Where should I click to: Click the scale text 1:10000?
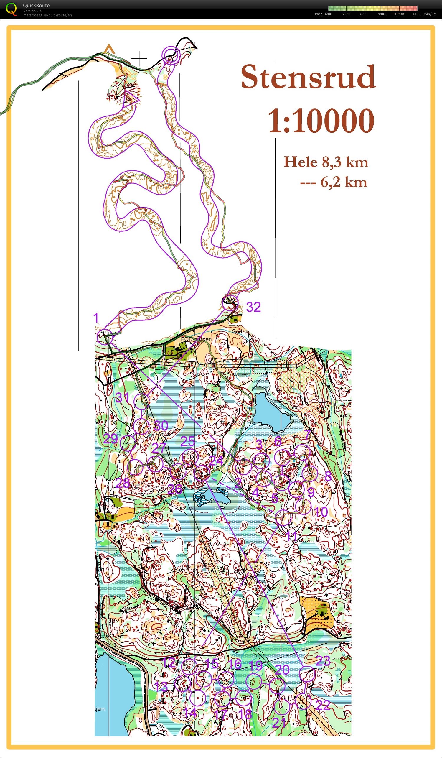pos(321,121)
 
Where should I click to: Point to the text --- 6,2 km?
pos(334,182)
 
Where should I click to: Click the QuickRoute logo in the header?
pos(11,9)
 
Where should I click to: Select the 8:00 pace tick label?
pos(364,14)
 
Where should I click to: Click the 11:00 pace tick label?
pos(417,14)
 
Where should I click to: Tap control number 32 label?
pos(253,307)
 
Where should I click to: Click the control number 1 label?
pos(96,318)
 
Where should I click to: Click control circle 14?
pos(197,698)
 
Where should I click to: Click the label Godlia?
pos(240,331)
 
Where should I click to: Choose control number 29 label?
pos(110,439)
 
